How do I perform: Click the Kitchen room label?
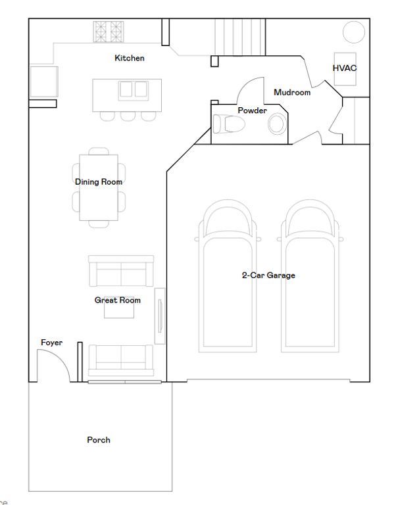129,58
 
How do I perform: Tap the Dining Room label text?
99,181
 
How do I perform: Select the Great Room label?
117,300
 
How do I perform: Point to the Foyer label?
51,343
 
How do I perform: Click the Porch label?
99,440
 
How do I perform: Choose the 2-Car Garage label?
268,276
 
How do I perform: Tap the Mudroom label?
292,93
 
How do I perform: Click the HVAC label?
345,68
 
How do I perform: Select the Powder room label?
253,110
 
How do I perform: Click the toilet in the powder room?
228,124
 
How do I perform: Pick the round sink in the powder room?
277,124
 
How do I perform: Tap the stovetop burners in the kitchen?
109,32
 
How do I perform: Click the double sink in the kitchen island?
134,90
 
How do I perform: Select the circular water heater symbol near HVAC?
354,32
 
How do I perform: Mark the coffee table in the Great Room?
119,308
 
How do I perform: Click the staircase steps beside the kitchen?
239,37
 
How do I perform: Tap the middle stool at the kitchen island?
128,116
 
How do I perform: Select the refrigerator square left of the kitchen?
44,82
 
